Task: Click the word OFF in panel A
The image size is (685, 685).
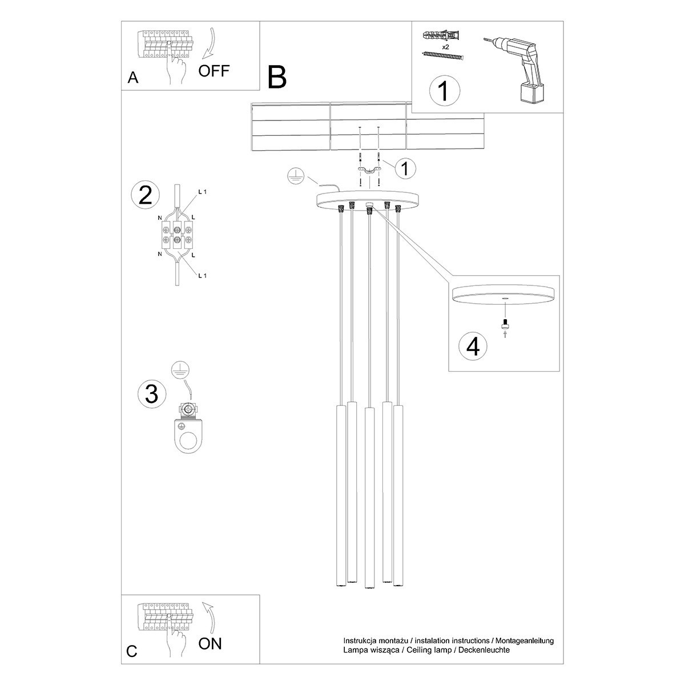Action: pyautogui.click(x=214, y=71)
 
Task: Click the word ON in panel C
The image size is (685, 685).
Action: pyautogui.click(x=210, y=644)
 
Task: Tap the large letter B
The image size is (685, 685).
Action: pyautogui.click(x=277, y=77)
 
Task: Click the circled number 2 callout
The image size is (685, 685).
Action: pyautogui.click(x=146, y=195)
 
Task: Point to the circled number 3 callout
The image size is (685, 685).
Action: pyautogui.click(x=152, y=393)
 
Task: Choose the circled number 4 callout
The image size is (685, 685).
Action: pyautogui.click(x=473, y=346)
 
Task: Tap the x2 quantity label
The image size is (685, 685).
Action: pyautogui.click(x=446, y=47)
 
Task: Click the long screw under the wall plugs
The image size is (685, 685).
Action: pyautogui.click(x=443, y=55)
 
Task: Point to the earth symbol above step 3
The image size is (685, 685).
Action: pyautogui.click(x=180, y=370)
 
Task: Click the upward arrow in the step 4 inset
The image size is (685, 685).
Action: pyautogui.click(x=504, y=336)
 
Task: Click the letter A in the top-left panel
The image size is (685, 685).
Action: pyautogui.click(x=133, y=78)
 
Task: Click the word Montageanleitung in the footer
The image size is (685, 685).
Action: pyautogui.click(x=523, y=641)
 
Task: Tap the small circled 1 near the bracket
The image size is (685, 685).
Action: pyautogui.click(x=405, y=168)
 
